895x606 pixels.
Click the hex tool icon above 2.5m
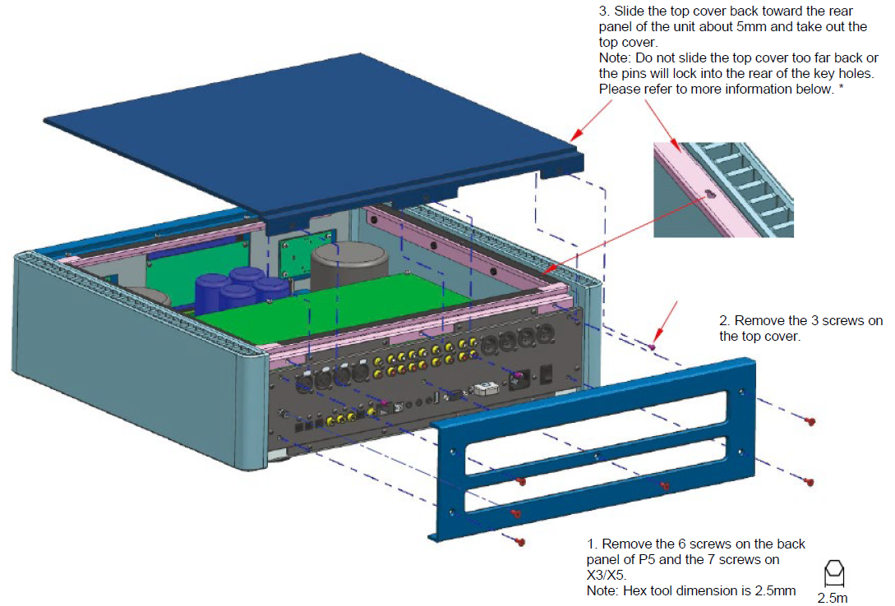[833, 572]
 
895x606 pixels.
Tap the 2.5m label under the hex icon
[833, 598]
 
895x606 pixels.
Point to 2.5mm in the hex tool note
[771, 590]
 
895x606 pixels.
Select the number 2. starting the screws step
[724, 321]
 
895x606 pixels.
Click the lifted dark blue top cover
[304, 123]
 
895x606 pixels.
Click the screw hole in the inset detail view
[708, 194]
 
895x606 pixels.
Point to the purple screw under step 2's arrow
[653, 347]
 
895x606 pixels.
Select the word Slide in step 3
[633, 11]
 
